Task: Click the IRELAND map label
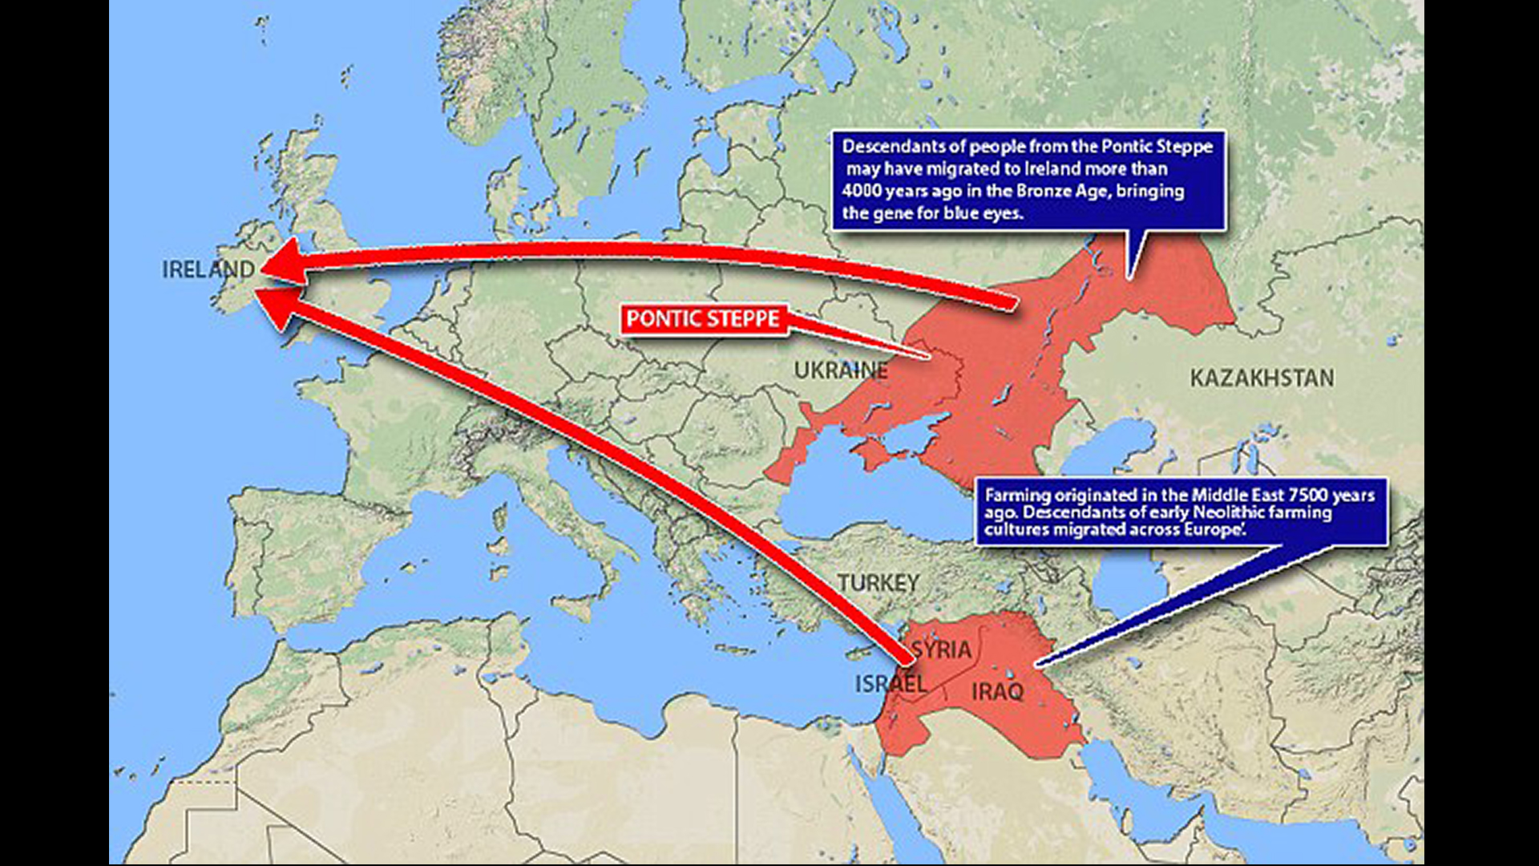(208, 269)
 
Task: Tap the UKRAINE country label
(840, 370)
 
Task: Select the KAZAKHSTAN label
(1262, 378)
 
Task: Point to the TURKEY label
(879, 583)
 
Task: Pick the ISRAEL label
(891, 684)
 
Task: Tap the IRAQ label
(998, 691)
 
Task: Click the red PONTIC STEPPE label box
(703, 319)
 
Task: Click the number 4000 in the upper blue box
(862, 191)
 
